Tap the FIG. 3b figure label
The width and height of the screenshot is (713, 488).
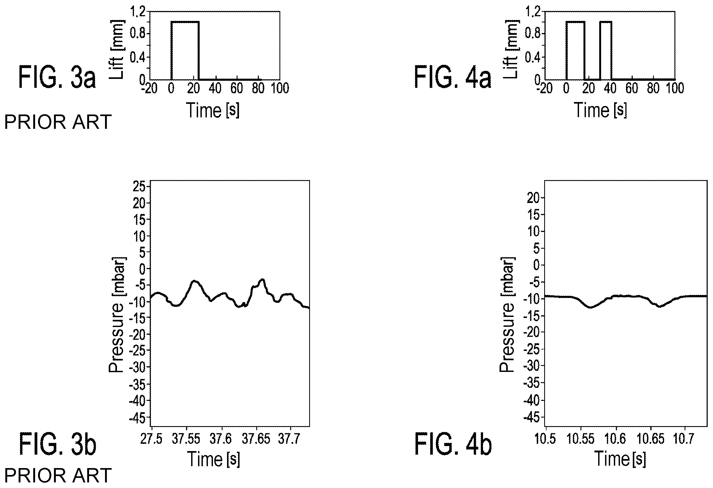coord(58,444)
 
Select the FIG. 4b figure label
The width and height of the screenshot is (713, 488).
coord(453,444)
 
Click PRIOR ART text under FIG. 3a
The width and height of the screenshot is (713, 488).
coord(58,122)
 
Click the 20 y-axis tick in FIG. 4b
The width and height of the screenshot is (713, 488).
coord(533,198)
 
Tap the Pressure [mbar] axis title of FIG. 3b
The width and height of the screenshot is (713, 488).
coord(117,315)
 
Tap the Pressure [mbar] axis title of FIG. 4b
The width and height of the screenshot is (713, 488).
coord(508,315)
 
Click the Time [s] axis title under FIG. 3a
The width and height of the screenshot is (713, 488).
coord(213,110)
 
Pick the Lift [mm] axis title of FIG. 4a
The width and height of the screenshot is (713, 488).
coord(511,49)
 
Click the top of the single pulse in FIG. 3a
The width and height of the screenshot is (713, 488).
coord(185,22)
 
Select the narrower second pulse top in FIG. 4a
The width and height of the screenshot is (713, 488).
coord(606,22)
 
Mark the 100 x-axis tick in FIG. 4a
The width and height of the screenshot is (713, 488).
coord(675,88)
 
